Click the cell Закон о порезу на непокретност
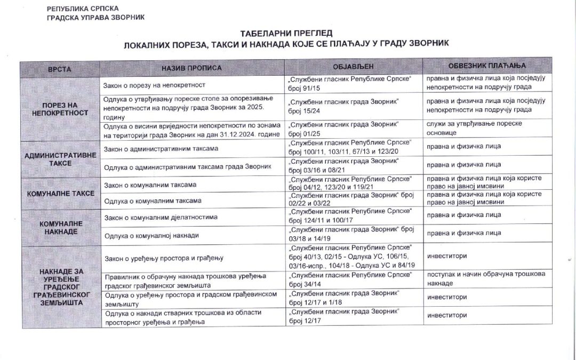click(155, 85)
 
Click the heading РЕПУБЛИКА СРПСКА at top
click(83, 9)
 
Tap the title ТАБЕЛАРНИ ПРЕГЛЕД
click(286, 33)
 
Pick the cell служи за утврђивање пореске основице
click(474, 128)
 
